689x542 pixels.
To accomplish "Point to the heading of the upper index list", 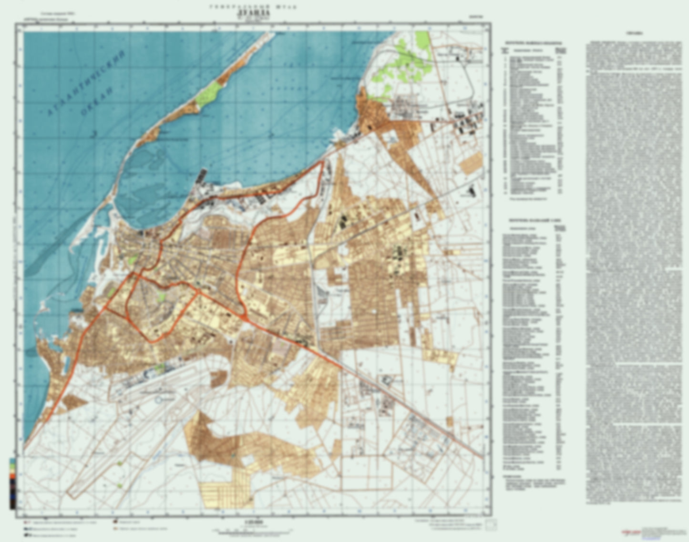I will (533, 43).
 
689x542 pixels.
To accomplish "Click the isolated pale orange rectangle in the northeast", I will (471, 163).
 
